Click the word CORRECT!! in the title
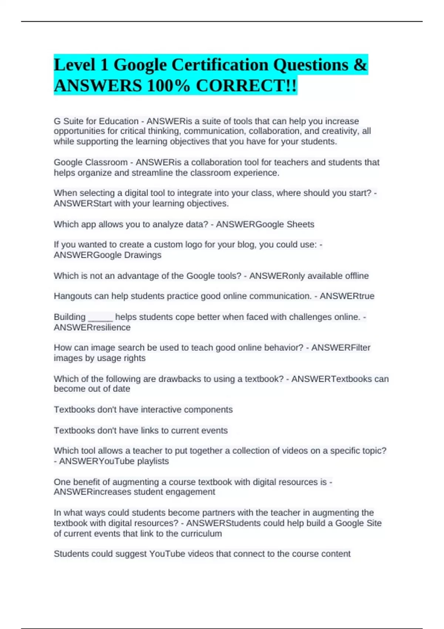point(246,86)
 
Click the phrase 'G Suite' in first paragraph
point(68,121)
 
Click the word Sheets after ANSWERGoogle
point(300,224)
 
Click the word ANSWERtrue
point(347,296)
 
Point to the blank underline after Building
point(100,317)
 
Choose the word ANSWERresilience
point(92,327)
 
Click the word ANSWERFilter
point(341,347)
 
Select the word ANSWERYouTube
point(97,461)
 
